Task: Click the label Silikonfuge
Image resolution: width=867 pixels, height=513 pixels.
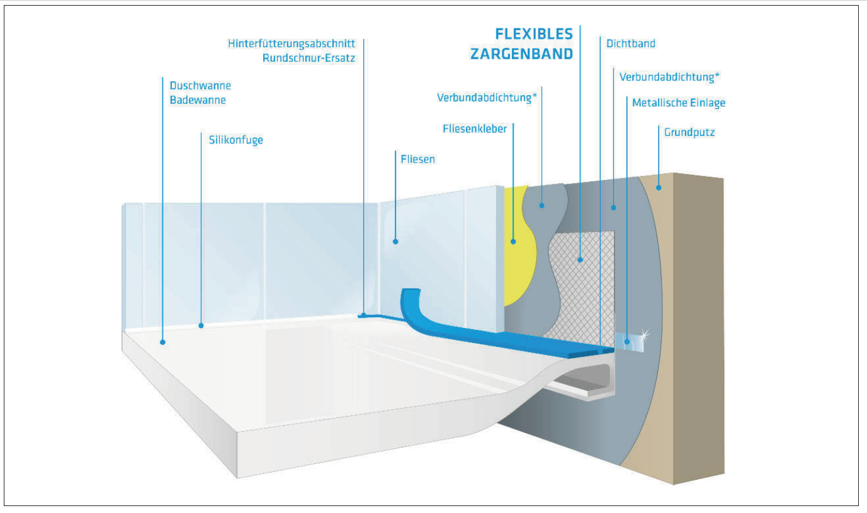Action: point(235,140)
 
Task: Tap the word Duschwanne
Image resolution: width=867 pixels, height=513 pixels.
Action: point(200,86)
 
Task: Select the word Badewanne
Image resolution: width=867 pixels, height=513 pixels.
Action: point(198,100)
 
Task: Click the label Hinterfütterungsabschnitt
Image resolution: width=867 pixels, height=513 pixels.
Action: point(291,43)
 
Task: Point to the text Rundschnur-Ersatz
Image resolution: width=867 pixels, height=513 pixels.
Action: point(309,58)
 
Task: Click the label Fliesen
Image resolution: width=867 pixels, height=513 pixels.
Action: point(417,159)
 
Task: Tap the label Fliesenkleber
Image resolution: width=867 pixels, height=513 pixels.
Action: point(475,129)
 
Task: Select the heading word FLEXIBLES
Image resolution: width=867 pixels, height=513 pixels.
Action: point(534,34)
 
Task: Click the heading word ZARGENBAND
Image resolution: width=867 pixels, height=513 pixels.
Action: point(521,54)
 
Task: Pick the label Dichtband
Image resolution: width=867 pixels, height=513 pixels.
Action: point(630,43)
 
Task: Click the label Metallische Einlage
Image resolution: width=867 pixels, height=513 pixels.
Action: point(679,103)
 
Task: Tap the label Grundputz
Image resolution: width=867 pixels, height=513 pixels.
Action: point(689,132)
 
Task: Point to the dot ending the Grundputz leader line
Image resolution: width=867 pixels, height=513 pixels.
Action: point(659,188)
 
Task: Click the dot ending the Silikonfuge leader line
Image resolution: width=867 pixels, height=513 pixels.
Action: point(201,326)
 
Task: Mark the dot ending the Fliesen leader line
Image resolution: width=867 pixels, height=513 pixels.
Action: point(395,242)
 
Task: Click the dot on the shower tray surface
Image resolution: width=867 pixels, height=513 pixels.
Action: point(162,342)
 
